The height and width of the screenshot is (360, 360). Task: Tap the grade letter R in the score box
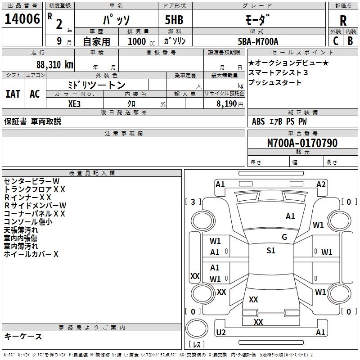click(343, 21)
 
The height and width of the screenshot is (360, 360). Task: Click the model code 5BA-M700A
click(258, 41)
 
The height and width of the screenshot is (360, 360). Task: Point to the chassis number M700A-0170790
click(302, 143)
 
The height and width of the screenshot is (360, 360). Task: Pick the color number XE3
click(75, 103)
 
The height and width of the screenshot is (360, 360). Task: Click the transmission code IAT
click(13, 94)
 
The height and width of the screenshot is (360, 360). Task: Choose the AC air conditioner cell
click(35, 94)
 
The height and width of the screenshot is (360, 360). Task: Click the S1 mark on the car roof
click(270, 251)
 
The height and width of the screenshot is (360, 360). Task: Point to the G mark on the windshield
click(284, 237)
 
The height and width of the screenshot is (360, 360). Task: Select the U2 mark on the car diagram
click(220, 332)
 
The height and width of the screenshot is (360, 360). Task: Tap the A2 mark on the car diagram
click(321, 184)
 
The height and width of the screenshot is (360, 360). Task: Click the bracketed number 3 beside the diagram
click(193, 202)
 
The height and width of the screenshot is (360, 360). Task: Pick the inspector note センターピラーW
click(31, 181)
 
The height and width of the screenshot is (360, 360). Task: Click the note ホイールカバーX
click(31, 254)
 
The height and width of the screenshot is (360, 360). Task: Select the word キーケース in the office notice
click(23, 337)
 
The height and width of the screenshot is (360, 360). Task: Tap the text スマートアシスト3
click(278, 72)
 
